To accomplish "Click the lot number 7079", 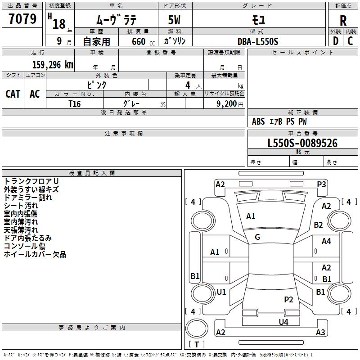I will (22, 19).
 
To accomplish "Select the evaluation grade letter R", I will (343, 21).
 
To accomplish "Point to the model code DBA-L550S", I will (258, 41).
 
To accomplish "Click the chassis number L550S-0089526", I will (302, 144).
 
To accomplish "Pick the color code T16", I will (75, 103).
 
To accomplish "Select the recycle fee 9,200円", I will (229, 104).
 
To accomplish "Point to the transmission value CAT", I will (13, 94).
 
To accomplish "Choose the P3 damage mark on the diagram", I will (321, 184).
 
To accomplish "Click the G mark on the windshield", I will (257, 237).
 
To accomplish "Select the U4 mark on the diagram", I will (283, 322).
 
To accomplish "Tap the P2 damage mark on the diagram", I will (288, 299).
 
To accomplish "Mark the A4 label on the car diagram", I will (326, 242).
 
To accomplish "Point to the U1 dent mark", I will (221, 292).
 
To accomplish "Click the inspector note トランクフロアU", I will (31, 181).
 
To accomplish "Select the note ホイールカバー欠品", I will (35, 255).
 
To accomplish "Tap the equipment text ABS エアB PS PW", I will (279, 121).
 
